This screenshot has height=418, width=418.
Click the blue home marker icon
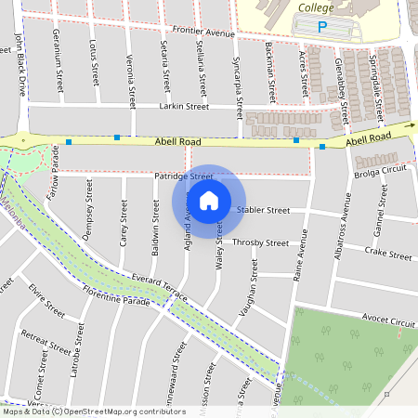click(x=209, y=201)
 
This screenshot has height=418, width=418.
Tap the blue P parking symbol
click(x=323, y=28)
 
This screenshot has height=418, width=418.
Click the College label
click(x=316, y=7)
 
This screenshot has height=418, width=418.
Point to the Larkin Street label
click(x=184, y=107)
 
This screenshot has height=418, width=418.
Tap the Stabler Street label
click(x=264, y=211)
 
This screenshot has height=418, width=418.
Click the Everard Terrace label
click(x=159, y=285)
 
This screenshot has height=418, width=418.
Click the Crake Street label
click(x=387, y=253)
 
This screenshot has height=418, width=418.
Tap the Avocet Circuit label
click(x=388, y=320)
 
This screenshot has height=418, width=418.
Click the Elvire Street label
click(x=46, y=300)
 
